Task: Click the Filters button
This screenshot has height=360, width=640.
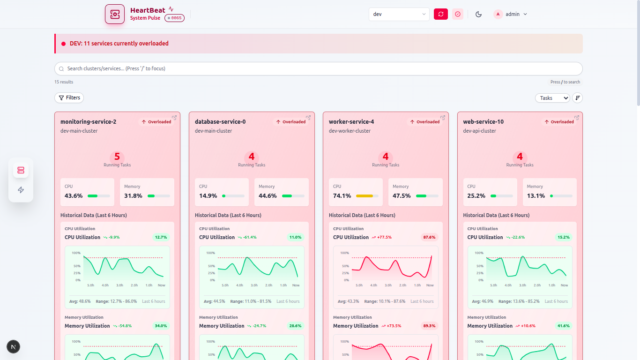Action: click(x=69, y=97)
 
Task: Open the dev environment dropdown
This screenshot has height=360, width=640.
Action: click(x=399, y=14)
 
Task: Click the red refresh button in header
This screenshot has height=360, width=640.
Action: click(x=440, y=14)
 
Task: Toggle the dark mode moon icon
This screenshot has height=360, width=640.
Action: click(x=478, y=14)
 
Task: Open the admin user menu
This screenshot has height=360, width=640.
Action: click(x=510, y=14)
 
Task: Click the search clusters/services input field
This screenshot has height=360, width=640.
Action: click(x=319, y=68)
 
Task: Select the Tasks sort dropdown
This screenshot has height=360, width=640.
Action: click(x=552, y=98)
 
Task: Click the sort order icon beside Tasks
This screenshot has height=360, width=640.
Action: click(x=578, y=97)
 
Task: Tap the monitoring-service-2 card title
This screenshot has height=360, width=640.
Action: click(x=88, y=122)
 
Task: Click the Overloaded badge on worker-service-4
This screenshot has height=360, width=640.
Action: click(x=425, y=122)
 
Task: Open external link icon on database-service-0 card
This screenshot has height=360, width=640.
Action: click(x=308, y=118)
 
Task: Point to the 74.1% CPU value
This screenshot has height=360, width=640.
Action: click(x=342, y=196)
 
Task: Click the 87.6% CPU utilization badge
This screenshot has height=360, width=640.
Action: click(x=429, y=237)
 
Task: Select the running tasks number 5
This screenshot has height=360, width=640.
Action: click(x=117, y=157)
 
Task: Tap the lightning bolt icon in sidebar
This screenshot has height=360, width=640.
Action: click(x=21, y=190)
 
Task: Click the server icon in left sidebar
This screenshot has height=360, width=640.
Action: click(x=21, y=170)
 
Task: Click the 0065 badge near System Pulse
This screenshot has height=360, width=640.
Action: click(x=174, y=18)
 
